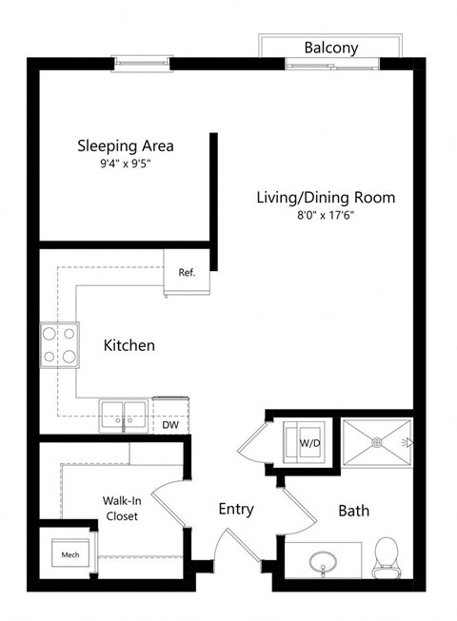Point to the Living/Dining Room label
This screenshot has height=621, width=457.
(325, 198)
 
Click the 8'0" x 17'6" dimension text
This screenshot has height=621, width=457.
(325, 216)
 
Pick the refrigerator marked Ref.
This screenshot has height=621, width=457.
(187, 273)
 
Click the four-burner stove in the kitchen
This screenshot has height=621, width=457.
(58, 345)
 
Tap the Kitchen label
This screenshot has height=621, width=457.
(129, 345)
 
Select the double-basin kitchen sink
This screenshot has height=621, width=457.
(124, 415)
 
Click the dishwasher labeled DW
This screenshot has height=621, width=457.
(170, 425)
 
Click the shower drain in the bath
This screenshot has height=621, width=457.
(377, 441)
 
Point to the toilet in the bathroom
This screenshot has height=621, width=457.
(387, 557)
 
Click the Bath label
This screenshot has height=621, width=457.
(354, 511)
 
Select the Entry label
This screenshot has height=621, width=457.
(235, 509)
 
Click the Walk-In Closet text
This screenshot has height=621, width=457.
(121, 508)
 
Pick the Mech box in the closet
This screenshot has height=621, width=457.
(70, 553)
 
